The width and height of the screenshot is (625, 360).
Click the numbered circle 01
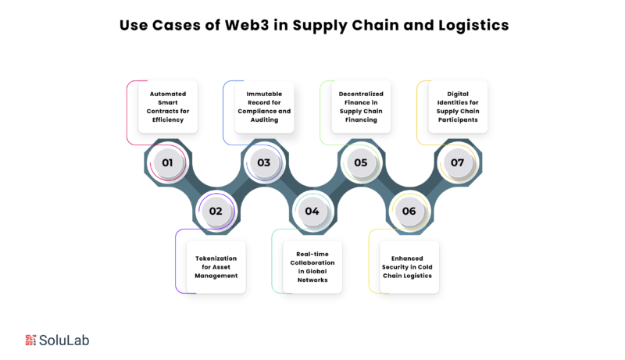[x=168, y=162]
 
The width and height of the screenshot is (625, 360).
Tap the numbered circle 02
[x=216, y=211]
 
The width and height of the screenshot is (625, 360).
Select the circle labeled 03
[x=264, y=162]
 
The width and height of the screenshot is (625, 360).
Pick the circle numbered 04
[x=313, y=211]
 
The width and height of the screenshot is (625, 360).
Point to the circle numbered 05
[x=361, y=162]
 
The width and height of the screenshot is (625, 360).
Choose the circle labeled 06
[x=409, y=211]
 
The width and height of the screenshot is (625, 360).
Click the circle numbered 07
[x=458, y=162]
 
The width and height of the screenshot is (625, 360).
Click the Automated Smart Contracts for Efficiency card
[x=168, y=107]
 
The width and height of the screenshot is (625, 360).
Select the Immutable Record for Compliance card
[x=264, y=107]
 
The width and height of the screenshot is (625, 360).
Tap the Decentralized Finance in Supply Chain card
[x=361, y=107]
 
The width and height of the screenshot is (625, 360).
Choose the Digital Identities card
[x=458, y=107]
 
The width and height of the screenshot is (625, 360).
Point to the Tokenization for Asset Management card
[x=216, y=267]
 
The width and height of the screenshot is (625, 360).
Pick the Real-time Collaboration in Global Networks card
[x=312, y=267]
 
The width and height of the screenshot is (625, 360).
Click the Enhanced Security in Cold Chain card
[x=409, y=267]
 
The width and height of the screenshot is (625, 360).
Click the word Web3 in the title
[x=247, y=25]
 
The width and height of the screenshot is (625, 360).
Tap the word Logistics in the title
[x=474, y=26]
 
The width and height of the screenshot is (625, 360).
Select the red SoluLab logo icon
[x=30, y=340]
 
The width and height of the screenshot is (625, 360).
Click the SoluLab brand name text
[x=64, y=340]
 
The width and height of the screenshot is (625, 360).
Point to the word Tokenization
[x=216, y=258]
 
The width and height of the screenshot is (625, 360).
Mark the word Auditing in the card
[x=264, y=119]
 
